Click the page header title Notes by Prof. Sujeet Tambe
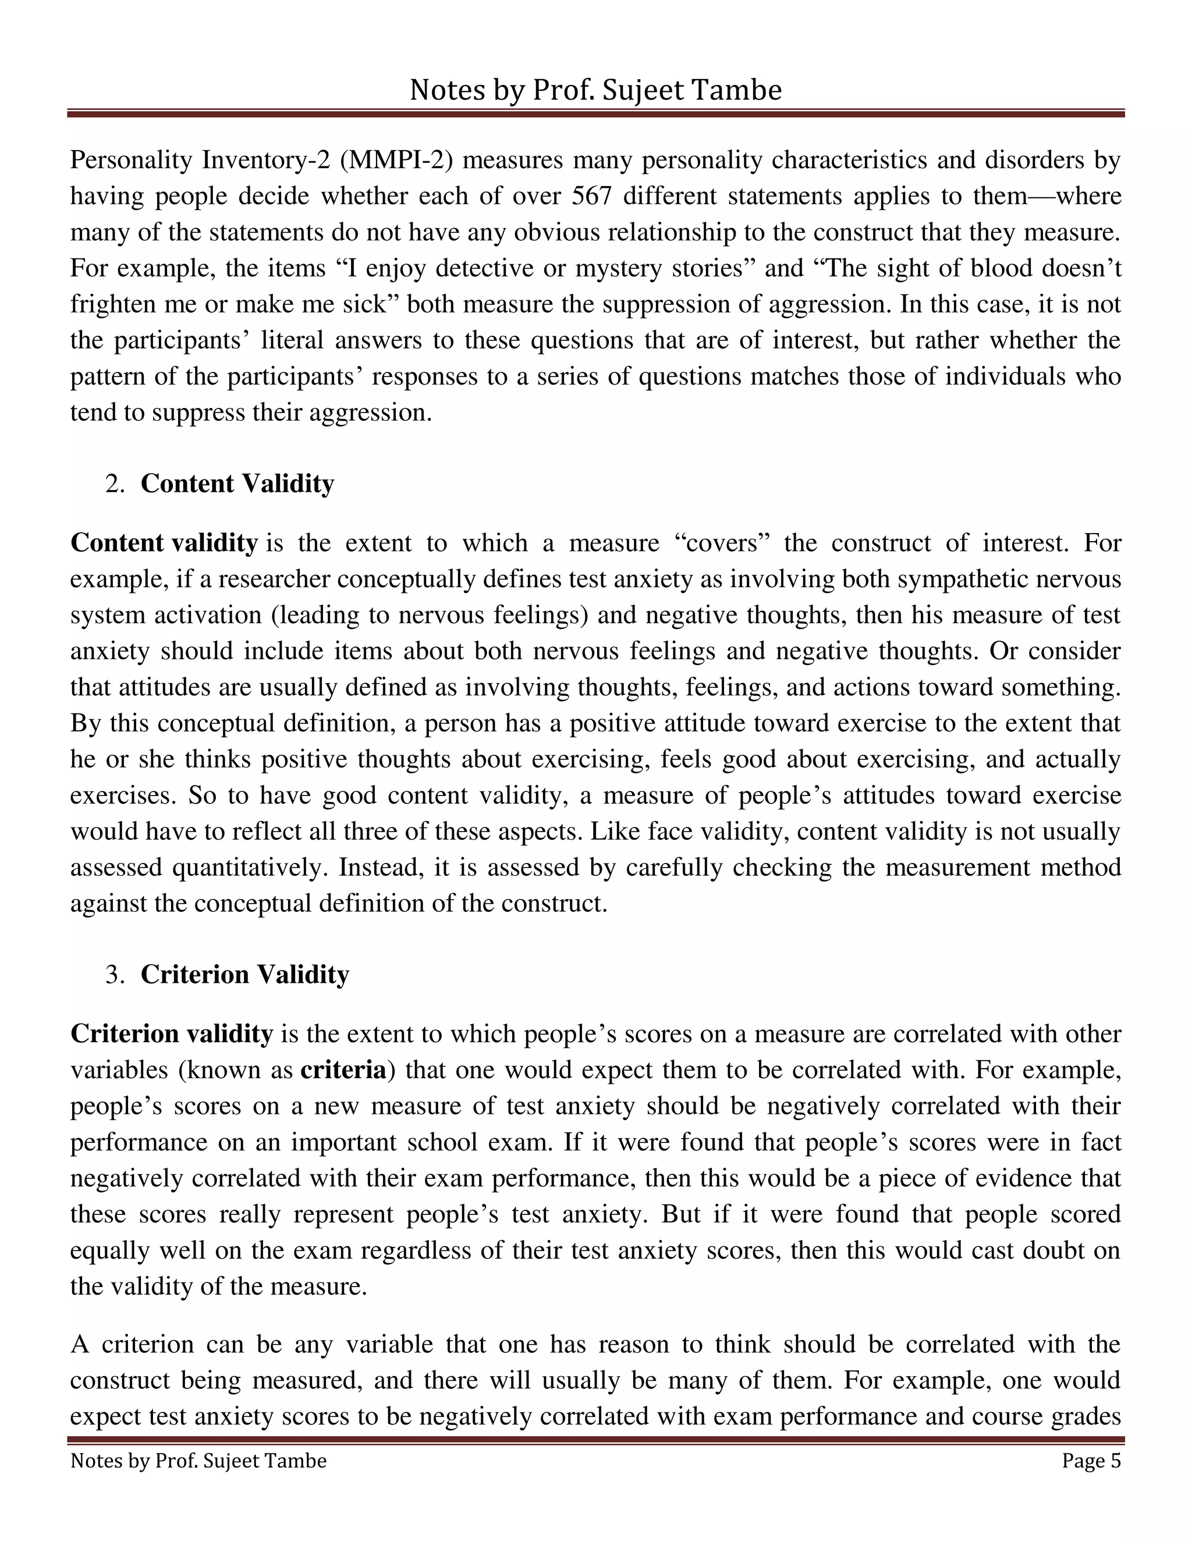tap(595, 90)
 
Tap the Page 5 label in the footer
tap(1091, 1461)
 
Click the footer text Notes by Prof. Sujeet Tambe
tap(198, 1461)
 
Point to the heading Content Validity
tap(237, 484)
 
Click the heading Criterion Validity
tap(245, 974)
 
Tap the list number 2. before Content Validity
tap(115, 484)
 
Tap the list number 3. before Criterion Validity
tap(115, 974)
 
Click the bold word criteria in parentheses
tap(343, 1070)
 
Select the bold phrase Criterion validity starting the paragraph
tap(172, 1033)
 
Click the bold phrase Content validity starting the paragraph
tap(164, 543)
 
